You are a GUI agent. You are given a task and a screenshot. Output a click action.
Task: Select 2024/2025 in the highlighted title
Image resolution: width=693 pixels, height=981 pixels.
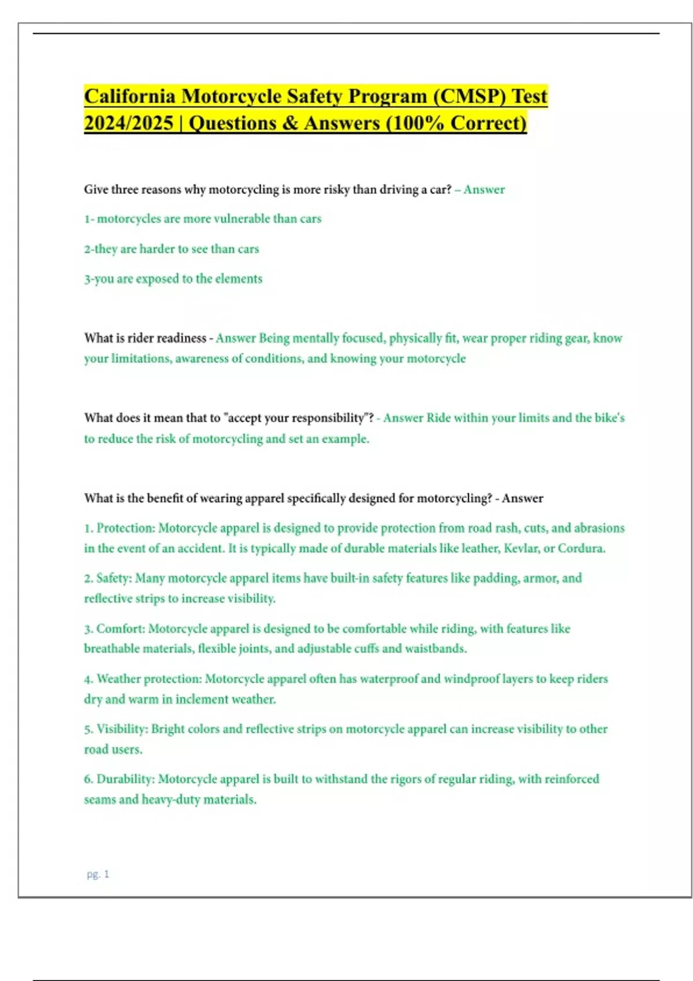click(x=128, y=123)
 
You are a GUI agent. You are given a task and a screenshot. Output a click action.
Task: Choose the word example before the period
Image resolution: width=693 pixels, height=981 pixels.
click(x=345, y=439)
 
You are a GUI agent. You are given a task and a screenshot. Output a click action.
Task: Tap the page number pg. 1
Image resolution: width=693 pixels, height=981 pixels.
click(x=98, y=874)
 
